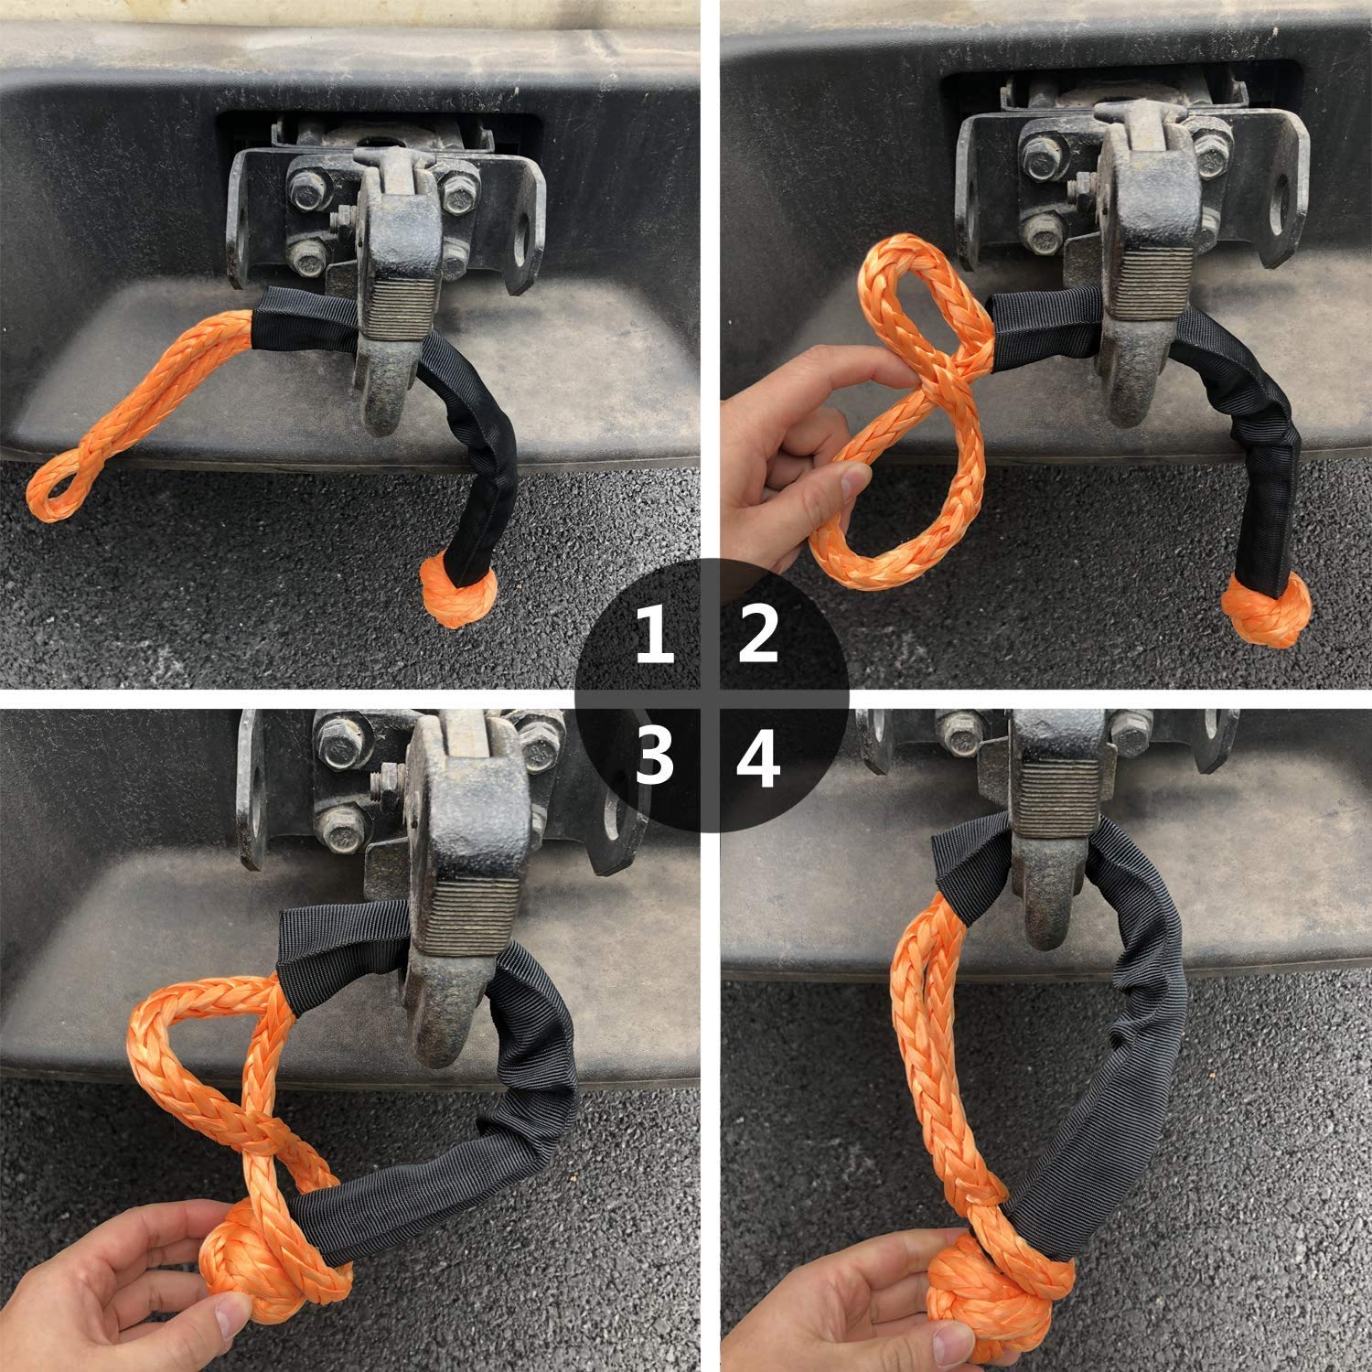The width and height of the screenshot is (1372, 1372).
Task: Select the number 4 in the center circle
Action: point(758,758)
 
